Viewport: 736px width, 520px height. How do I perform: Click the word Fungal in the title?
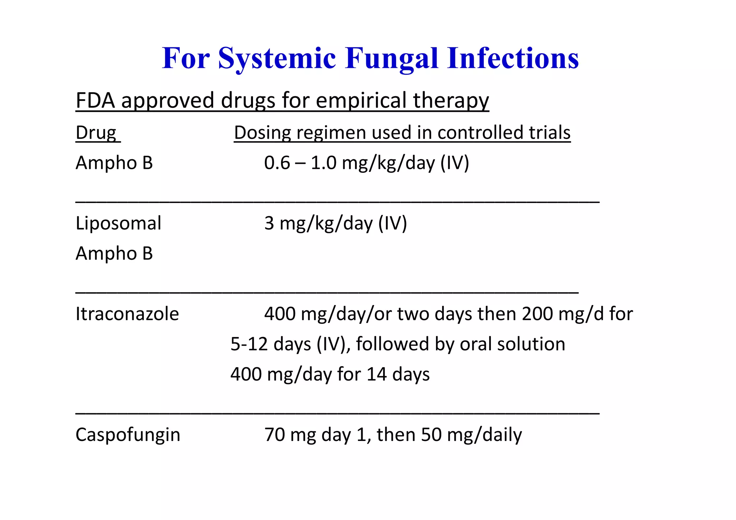[x=392, y=58]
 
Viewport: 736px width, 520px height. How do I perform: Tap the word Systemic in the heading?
[x=277, y=58]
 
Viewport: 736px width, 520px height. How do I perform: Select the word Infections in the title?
[x=513, y=58]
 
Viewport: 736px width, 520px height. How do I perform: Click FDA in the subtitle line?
[x=95, y=100]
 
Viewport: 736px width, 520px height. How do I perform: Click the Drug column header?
[x=96, y=133]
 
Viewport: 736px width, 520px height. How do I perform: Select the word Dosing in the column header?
[x=262, y=133]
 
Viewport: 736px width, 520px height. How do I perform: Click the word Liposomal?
[x=118, y=223]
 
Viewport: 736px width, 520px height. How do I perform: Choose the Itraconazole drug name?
[x=127, y=314]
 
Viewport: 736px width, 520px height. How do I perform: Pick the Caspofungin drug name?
[x=128, y=435]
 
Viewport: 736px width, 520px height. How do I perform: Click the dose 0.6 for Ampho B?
[x=277, y=163]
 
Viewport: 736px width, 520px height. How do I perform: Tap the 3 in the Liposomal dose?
[x=269, y=223]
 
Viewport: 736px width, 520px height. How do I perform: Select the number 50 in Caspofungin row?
[x=431, y=434]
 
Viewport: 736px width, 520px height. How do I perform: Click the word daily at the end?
[x=502, y=435]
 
